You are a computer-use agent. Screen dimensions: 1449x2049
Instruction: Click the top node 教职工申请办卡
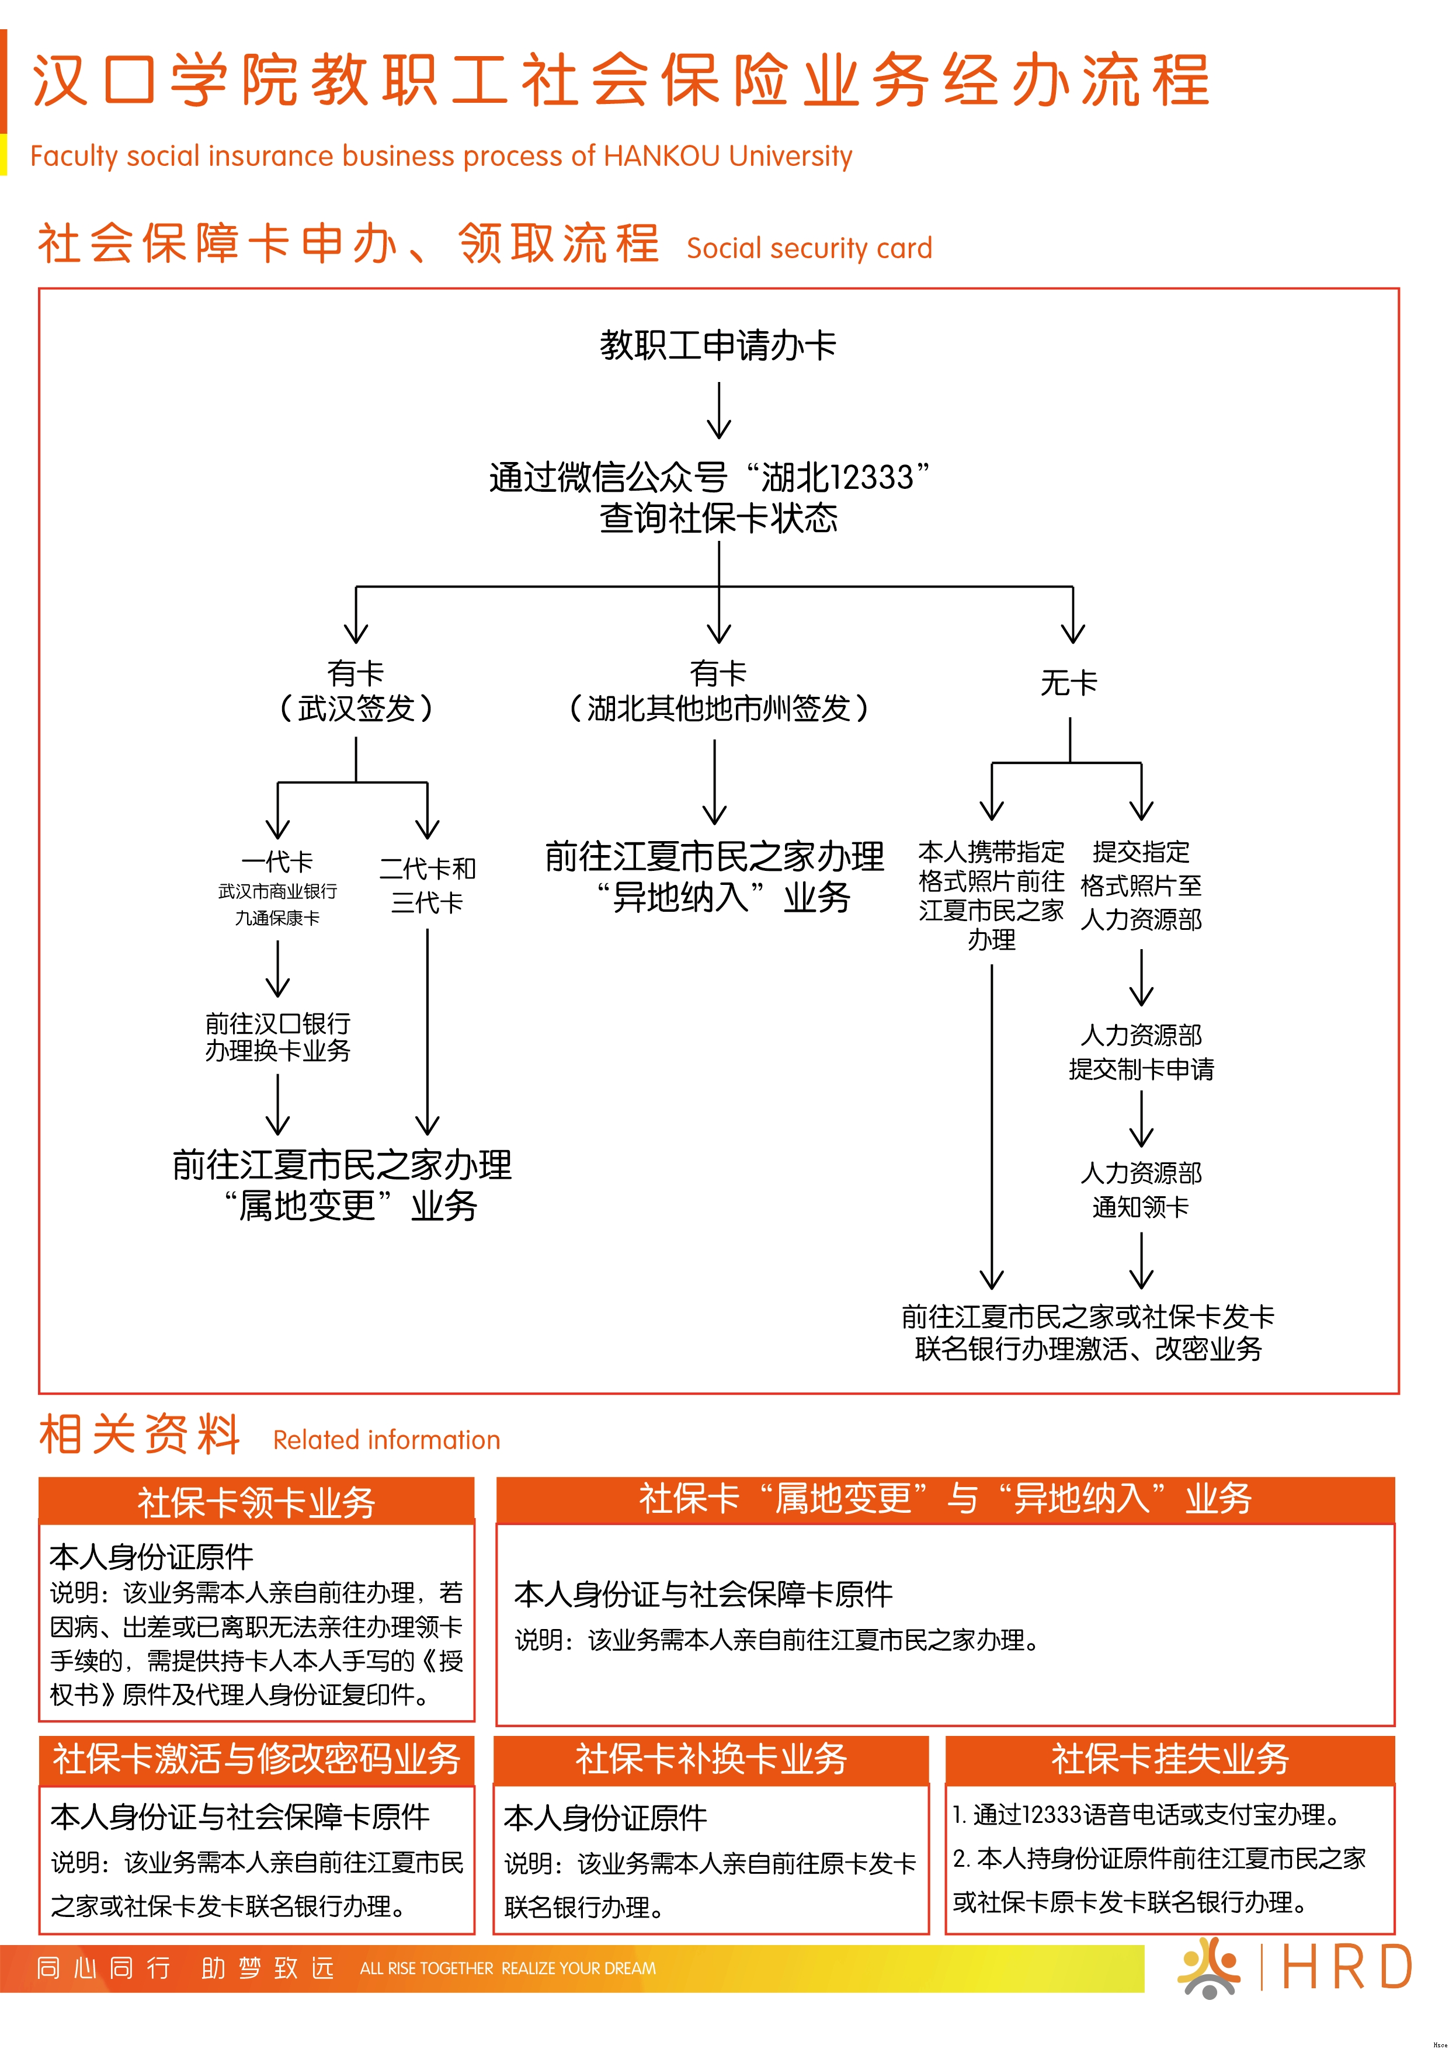tap(718, 345)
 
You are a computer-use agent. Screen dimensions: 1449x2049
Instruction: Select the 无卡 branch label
tap(1069, 683)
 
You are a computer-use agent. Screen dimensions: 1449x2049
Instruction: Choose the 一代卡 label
tap(277, 862)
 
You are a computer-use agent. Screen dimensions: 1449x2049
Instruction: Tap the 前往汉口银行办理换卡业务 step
tap(277, 1037)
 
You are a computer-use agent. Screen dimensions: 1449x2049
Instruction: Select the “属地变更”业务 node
tap(343, 1185)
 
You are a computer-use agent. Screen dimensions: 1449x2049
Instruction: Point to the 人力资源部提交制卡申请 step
tap(1141, 1052)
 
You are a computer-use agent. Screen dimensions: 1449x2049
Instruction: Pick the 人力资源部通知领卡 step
tap(1141, 1190)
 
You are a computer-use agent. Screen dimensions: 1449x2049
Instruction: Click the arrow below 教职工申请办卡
tap(719, 411)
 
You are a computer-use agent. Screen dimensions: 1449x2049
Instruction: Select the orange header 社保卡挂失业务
tap(1170, 1758)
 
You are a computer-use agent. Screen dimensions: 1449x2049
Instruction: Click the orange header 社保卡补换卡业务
tap(711, 1758)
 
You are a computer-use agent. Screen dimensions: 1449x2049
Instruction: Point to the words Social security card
tap(809, 248)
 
